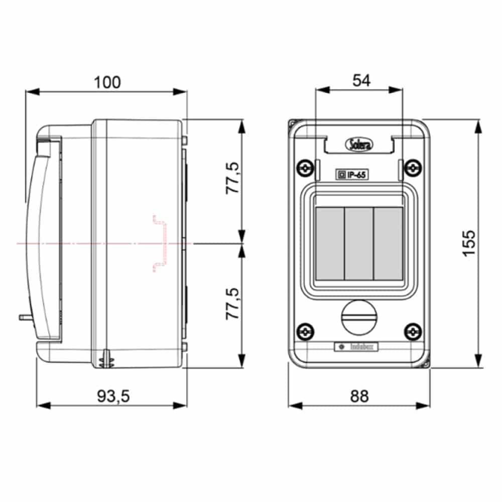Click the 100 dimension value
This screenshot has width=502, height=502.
click(107, 82)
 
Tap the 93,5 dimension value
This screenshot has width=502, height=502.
click(113, 396)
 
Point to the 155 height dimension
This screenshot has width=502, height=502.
click(468, 243)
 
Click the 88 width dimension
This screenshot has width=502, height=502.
click(359, 396)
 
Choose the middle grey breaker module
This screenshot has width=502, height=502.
click(359, 243)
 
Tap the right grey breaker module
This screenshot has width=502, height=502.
click(388, 243)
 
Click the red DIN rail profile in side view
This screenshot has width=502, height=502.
click(160, 243)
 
